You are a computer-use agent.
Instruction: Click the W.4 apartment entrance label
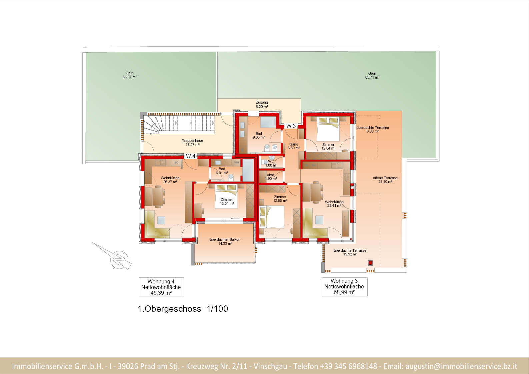tap(191, 156)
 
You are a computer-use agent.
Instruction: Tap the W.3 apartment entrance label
tap(291, 126)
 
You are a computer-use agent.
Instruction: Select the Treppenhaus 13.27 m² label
tap(192, 143)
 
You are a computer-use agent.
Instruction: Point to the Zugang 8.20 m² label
tap(262, 105)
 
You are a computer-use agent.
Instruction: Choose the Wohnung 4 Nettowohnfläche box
tap(161, 287)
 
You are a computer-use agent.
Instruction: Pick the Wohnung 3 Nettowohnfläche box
tap(345, 286)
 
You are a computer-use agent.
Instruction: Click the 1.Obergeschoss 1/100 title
tap(183, 309)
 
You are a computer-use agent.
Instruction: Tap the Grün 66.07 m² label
tap(130, 75)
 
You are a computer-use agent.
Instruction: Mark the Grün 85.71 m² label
tap(372, 75)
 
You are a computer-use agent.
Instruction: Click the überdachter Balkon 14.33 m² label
tap(225, 241)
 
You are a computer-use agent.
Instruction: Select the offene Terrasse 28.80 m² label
tap(385, 180)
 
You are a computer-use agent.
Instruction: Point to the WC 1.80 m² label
tap(271, 163)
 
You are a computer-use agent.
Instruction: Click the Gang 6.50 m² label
tap(294, 146)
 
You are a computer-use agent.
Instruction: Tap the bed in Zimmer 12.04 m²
tap(328, 129)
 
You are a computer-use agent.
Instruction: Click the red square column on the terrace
tap(370, 263)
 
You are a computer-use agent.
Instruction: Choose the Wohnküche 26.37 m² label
tap(170, 180)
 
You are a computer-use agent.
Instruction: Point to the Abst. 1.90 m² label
tap(271, 177)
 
